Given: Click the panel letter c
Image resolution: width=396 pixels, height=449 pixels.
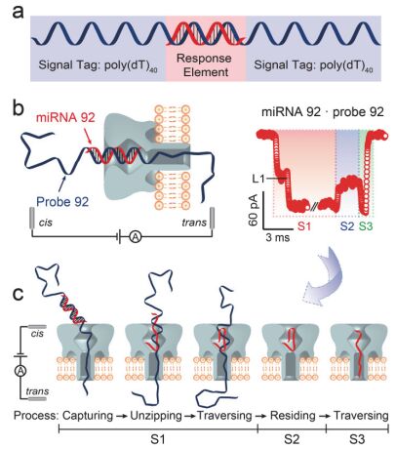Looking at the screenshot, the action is point(18,294).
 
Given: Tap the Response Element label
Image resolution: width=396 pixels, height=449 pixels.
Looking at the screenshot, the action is point(204,65).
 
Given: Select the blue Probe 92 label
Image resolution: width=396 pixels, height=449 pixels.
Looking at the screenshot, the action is point(62,202).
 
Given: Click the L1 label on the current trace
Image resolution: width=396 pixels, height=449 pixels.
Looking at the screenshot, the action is point(259,179).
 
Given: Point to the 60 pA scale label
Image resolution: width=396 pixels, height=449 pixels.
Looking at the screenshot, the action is point(253,210).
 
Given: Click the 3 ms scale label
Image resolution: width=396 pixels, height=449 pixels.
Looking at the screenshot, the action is point(277,237).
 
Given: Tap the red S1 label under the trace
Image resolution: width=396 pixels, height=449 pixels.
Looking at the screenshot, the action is point(304,225).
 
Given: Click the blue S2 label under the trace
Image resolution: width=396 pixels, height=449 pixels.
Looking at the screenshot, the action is point(347,225).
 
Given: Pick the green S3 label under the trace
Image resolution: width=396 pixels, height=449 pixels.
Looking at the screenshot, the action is point(366,225).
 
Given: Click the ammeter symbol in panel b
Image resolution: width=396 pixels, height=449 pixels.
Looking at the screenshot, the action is point(136,237).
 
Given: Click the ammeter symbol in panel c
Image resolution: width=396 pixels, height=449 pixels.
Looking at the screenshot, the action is point(20,370).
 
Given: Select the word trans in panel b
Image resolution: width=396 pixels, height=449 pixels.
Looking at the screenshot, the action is point(194,223).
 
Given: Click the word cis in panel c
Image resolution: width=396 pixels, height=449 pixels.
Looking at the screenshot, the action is point(37,334).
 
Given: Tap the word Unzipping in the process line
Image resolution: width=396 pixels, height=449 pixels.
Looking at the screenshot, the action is point(156,416).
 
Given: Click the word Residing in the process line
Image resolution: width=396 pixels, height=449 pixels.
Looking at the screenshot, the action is point(293,416).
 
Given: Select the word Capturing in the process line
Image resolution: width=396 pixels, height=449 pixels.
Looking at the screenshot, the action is point(88,416).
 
